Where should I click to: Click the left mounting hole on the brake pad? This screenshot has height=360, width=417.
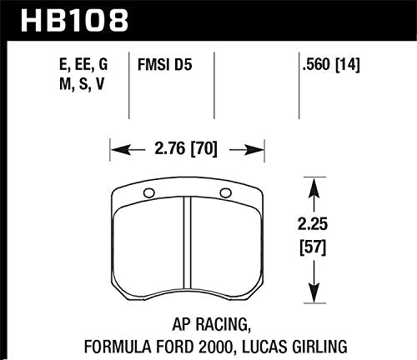pos(148,194)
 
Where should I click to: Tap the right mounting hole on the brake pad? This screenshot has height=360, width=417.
pos(224,194)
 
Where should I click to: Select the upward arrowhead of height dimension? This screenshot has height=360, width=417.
pos(313,181)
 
